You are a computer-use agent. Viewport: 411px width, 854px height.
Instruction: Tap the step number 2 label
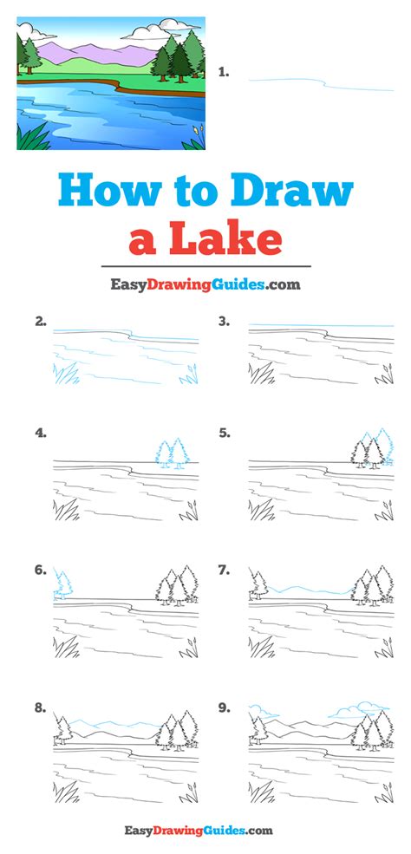coord(40,322)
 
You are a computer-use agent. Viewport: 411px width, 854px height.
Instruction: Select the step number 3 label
coord(224,322)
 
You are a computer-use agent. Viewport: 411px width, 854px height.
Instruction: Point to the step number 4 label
coord(40,434)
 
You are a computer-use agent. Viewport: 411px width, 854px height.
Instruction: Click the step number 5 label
coord(224,434)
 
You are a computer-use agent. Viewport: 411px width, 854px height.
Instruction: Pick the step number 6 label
coord(40,570)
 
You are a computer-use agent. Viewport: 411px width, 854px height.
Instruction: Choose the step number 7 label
coord(224,570)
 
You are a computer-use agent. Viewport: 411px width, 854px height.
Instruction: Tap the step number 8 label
coord(40,708)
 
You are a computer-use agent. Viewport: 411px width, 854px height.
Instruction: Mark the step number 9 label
coord(224,708)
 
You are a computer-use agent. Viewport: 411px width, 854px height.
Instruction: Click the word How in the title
coord(109,190)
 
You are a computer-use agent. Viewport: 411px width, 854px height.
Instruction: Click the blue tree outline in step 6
coord(63,584)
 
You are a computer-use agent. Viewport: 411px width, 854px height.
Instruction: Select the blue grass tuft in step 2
coord(65,373)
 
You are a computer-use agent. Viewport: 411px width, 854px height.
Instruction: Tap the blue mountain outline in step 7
coord(310,590)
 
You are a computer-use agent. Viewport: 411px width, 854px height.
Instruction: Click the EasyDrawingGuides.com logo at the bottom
coord(199,831)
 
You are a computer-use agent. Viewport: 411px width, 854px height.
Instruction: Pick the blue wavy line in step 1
coord(321,83)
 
